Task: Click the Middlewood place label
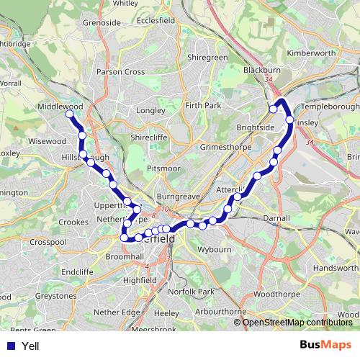(x=60, y=105)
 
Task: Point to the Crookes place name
(x=72, y=222)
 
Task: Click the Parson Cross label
(x=122, y=72)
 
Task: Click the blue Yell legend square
(x=11, y=346)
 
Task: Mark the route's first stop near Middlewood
(x=70, y=114)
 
